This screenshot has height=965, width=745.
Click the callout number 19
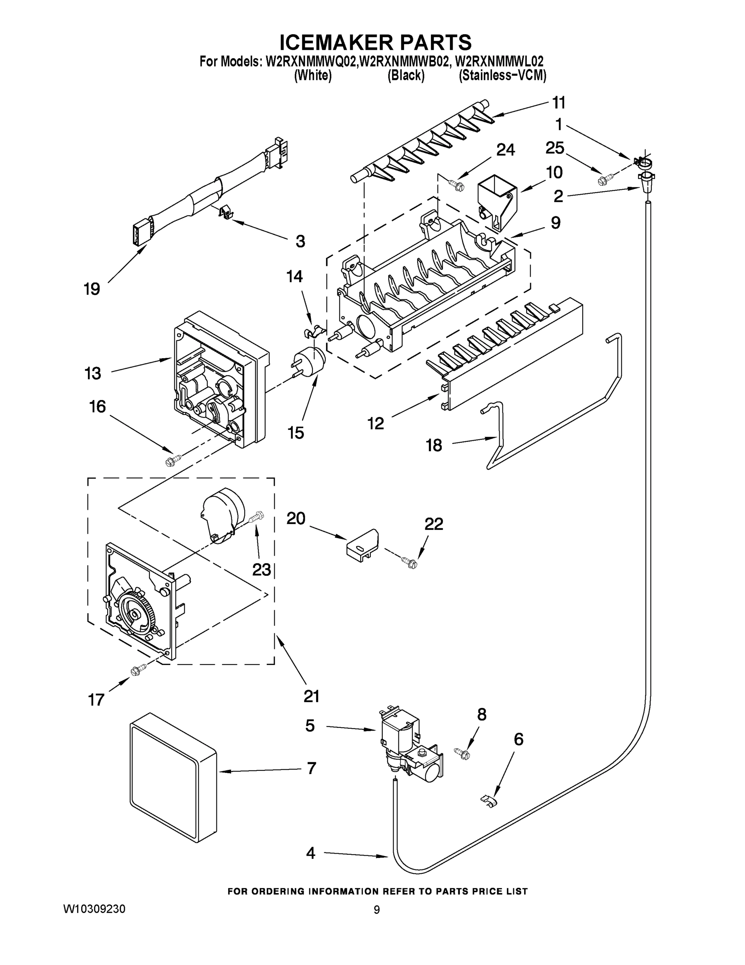point(92,289)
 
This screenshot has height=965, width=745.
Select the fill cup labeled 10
point(496,201)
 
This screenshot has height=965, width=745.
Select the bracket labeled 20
point(362,545)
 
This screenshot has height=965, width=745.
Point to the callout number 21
point(311,696)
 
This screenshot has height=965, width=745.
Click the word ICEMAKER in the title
point(337,42)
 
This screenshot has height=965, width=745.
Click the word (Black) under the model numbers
point(406,76)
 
